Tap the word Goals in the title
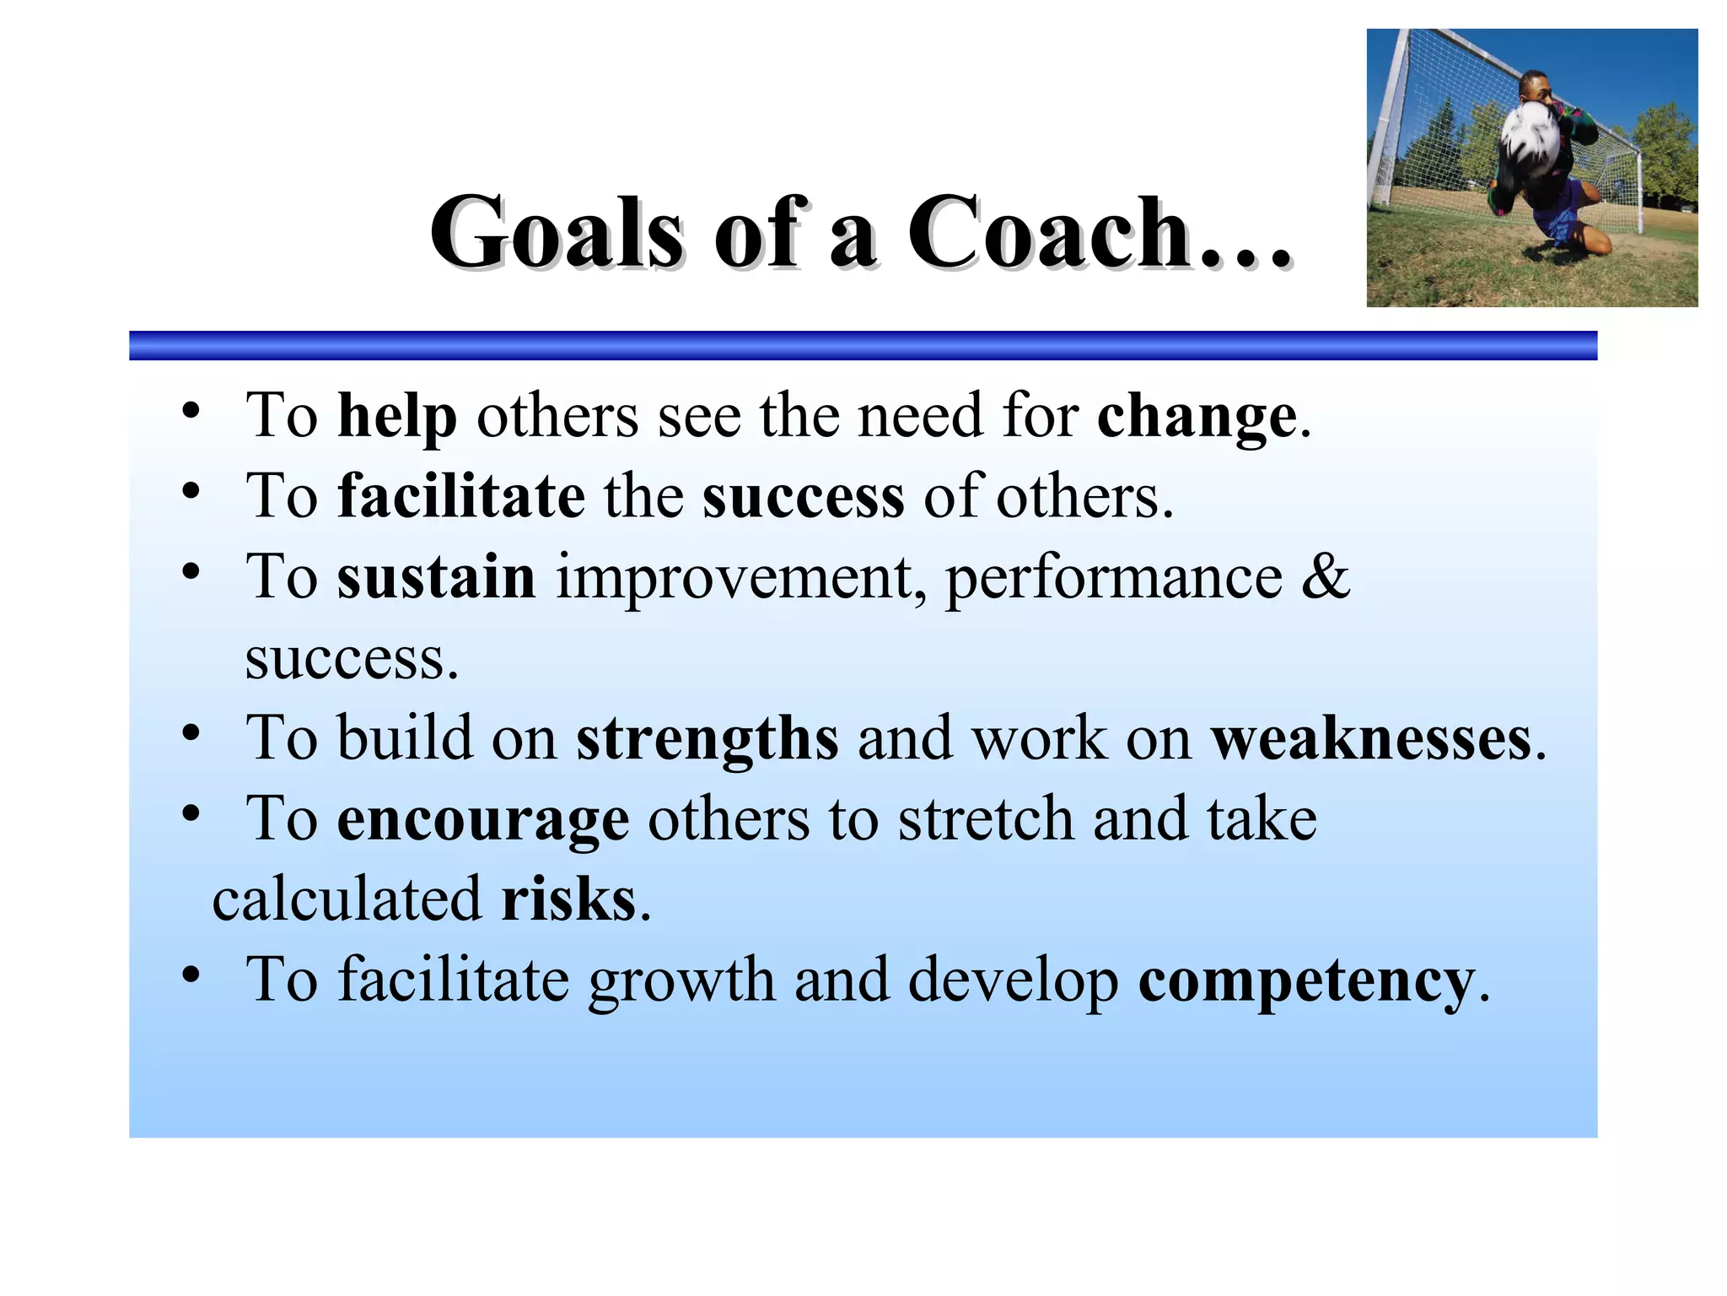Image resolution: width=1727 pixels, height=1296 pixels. click(x=557, y=233)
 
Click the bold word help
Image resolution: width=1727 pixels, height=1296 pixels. click(x=397, y=417)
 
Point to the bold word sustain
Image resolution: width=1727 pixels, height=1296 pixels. click(x=436, y=577)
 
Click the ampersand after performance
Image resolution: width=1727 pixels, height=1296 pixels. click(x=1325, y=577)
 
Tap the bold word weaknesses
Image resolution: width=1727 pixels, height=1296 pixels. click(x=1371, y=739)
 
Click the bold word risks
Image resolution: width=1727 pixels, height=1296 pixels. click(x=568, y=899)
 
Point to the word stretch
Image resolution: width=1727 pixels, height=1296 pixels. click(x=985, y=819)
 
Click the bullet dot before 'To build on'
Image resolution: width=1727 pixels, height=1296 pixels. click(x=191, y=733)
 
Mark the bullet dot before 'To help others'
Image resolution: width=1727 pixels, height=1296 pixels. click(x=191, y=411)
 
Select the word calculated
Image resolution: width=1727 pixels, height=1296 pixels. click(x=347, y=899)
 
